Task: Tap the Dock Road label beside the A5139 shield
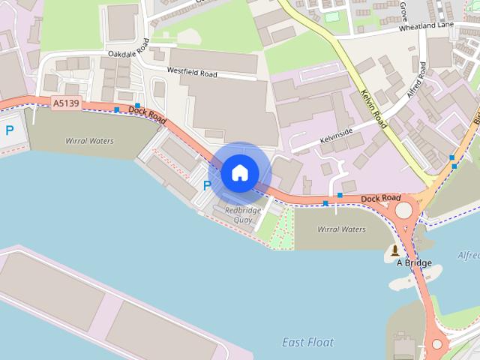pos(146,113)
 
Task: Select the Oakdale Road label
pos(129,54)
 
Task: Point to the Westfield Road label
pos(192,73)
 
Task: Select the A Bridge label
pos(414,262)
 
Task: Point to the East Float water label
pos(308,342)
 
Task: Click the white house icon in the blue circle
pos(239,173)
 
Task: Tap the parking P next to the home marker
pos(208,185)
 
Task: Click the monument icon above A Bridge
pos(395,250)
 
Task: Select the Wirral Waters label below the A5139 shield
pos(90,140)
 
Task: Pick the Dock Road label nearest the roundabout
pos(380,198)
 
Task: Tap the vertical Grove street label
pos(403,10)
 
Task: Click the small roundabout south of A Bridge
pos(437,344)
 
